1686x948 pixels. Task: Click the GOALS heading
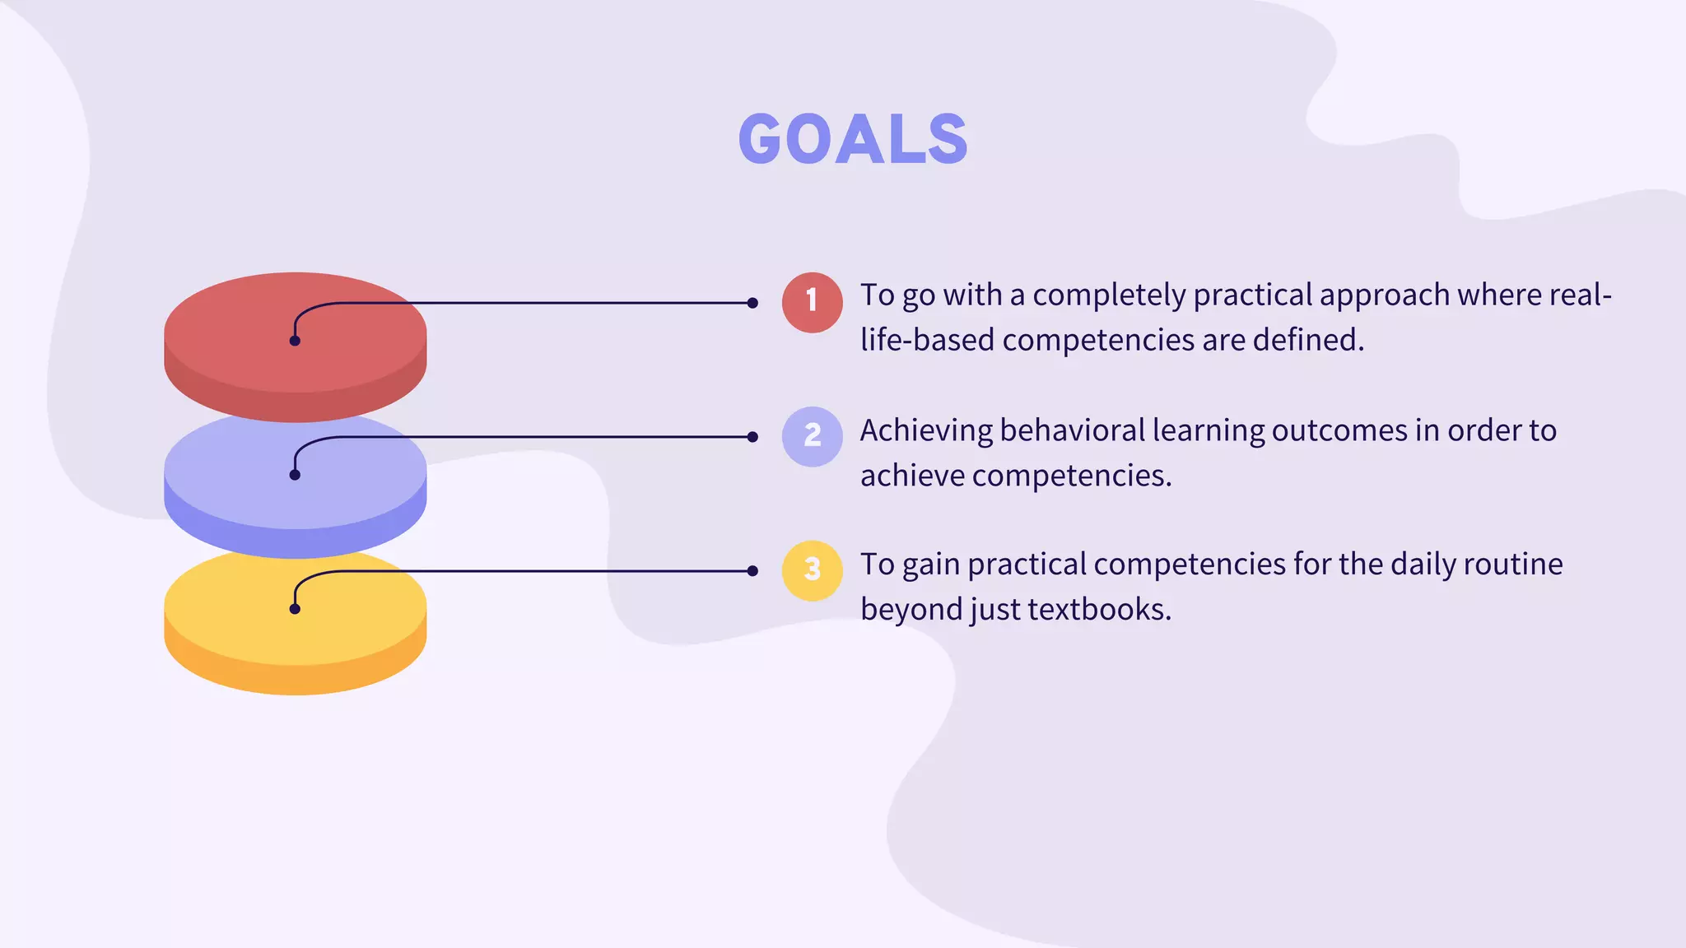click(853, 139)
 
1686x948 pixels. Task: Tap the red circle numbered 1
click(812, 302)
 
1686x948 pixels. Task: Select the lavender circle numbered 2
click(812, 436)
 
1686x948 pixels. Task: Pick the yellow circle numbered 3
click(812, 570)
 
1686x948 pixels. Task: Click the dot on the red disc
click(295, 341)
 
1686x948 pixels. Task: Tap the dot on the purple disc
click(295, 475)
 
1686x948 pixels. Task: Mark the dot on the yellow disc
click(295, 609)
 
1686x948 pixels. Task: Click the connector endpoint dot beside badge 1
click(752, 303)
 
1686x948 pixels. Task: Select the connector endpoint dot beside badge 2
click(752, 437)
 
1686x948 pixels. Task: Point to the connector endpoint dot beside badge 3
click(752, 571)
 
